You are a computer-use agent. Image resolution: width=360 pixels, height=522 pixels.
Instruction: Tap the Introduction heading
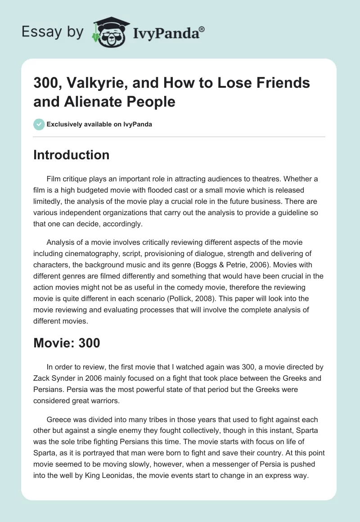72,155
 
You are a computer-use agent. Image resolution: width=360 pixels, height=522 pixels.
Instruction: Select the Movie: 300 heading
67,343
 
